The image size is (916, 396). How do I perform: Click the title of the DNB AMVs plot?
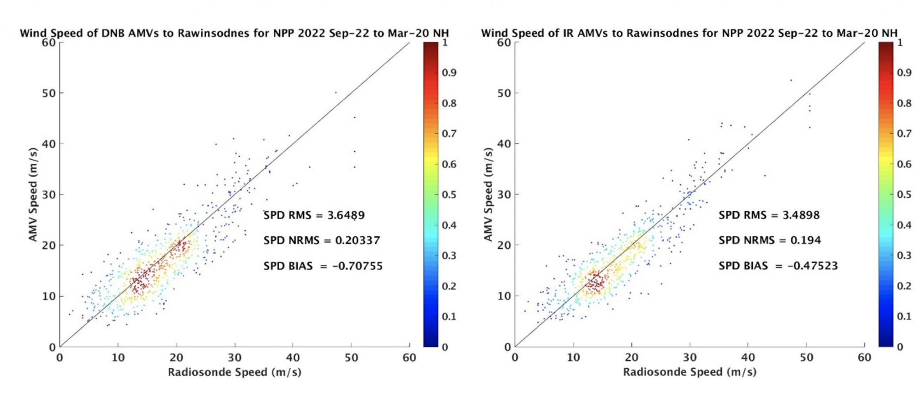click(234, 33)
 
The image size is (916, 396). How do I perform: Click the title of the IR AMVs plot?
click(689, 33)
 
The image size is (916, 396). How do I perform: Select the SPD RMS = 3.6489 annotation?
click(314, 215)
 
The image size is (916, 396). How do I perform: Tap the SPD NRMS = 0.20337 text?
click(322, 240)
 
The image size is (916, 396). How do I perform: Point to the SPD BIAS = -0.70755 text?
click(323, 266)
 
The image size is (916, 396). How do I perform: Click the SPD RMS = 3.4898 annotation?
click(769, 215)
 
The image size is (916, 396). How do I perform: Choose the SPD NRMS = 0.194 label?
click(769, 240)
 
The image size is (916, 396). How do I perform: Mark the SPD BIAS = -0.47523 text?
click(778, 266)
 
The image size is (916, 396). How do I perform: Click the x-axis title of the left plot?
click(234, 372)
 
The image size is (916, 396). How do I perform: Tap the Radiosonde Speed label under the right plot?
click(690, 372)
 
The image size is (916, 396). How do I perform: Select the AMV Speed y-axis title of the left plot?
click(33, 194)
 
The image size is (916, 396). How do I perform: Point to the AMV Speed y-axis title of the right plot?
click(488, 194)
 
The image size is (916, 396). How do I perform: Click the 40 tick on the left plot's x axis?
click(293, 358)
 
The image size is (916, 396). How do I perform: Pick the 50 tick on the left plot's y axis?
click(49, 93)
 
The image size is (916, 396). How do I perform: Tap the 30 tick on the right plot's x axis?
click(690, 358)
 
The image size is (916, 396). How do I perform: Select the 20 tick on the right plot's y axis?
click(504, 245)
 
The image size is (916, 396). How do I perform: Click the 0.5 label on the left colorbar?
click(449, 195)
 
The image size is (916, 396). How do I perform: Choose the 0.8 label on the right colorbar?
click(904, 103)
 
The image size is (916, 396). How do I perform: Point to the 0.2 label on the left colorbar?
click(449, 286)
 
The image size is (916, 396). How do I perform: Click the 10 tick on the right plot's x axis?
click(573, 358)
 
